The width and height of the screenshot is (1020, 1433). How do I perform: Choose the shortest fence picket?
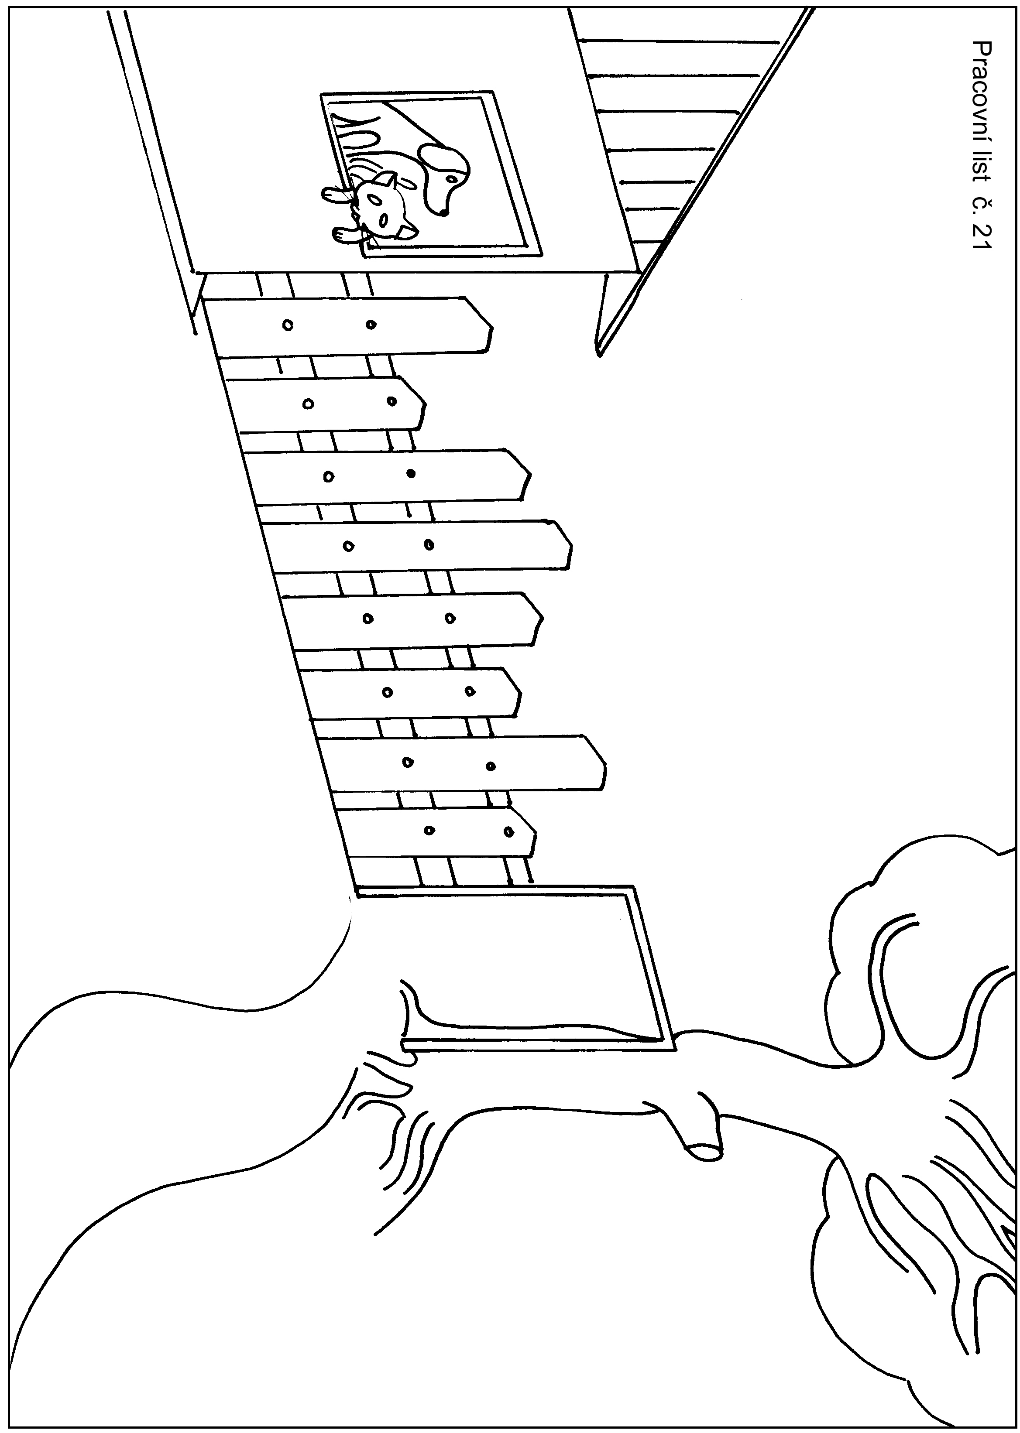pyautogui.click(x=326, y=404)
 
